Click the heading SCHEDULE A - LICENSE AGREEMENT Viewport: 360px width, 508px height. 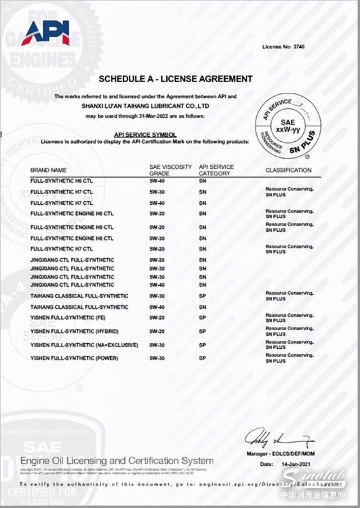tap(175, 79)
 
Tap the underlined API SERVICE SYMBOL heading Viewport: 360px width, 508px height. tap(145, 135)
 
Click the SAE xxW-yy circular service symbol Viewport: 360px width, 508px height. tap(287, 126)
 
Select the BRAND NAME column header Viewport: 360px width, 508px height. tap(48, 170)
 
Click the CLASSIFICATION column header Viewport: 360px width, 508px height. tap(288, 170)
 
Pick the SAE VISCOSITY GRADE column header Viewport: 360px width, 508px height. tap(170, 170)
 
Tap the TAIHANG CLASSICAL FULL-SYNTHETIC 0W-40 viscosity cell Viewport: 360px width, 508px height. tap(157, 307)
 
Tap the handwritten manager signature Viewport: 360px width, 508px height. tap(280, 437)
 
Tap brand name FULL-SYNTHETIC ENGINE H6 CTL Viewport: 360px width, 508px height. tap(72, 214)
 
